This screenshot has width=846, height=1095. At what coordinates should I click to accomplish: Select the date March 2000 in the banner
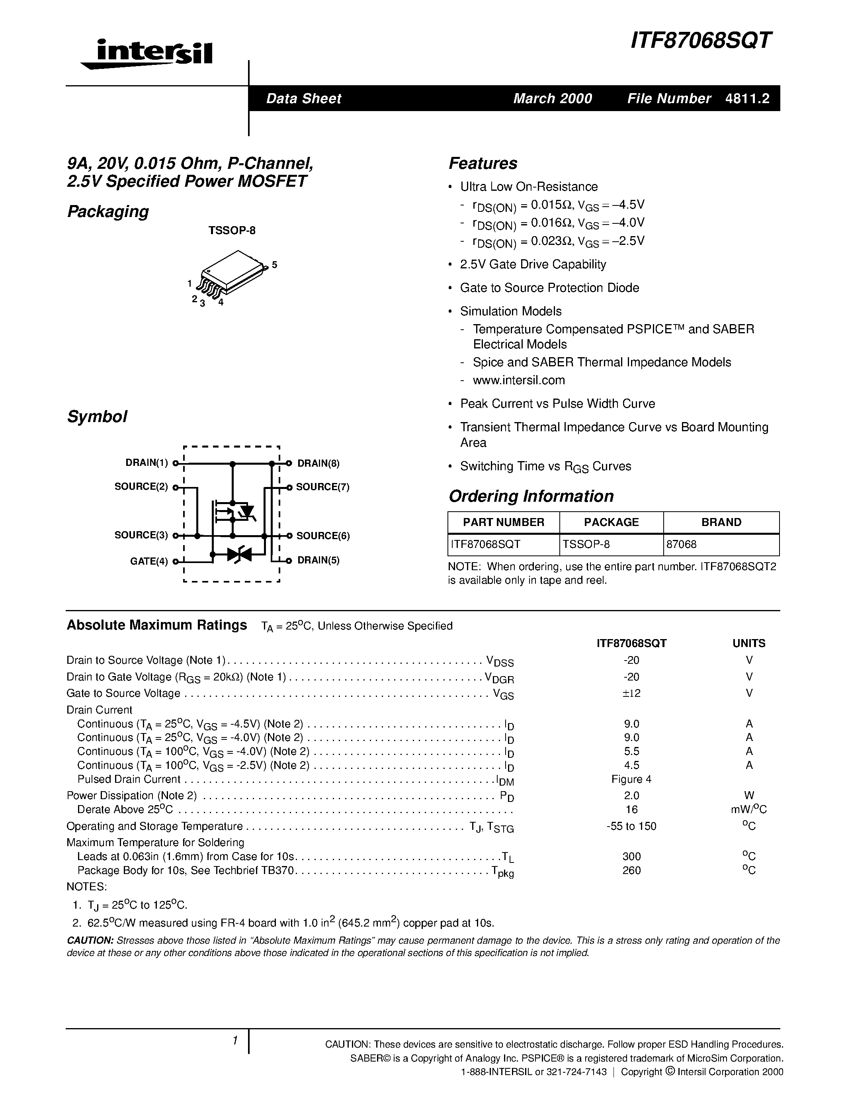point(552,98)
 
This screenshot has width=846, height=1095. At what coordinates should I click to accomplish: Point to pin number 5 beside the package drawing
point(275,265)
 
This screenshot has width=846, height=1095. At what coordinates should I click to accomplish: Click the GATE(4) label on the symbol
point(149,561)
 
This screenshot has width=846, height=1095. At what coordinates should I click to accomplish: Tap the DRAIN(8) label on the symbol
point(318,463)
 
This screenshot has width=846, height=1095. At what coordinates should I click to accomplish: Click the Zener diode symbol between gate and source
point(238,554)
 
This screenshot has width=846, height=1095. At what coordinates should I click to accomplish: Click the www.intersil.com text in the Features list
point(519,380)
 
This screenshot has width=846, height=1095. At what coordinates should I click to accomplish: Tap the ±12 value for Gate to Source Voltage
point(631,693)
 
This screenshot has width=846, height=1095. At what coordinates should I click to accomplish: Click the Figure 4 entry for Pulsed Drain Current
point(631,779)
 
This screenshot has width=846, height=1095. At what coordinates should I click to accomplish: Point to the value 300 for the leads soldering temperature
point(631,856)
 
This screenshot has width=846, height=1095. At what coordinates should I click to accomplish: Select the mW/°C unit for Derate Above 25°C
point(749,810)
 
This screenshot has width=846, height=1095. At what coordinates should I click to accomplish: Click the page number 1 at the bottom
point(234,1041)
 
